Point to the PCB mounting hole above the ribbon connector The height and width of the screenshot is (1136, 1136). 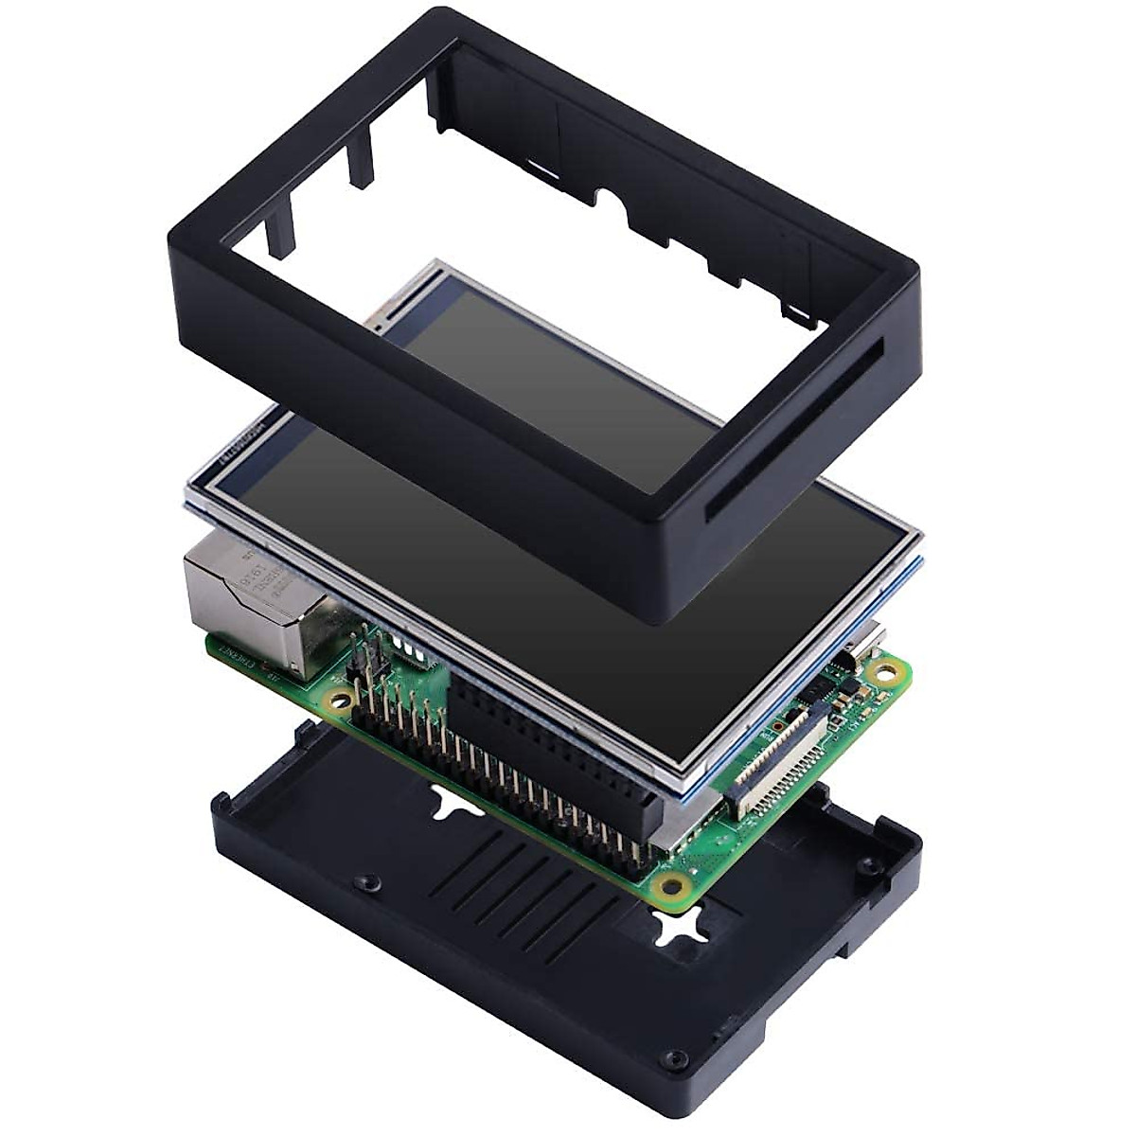click(x=886, y=674)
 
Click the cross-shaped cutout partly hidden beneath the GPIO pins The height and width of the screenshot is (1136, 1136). click(x=453, y=803)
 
